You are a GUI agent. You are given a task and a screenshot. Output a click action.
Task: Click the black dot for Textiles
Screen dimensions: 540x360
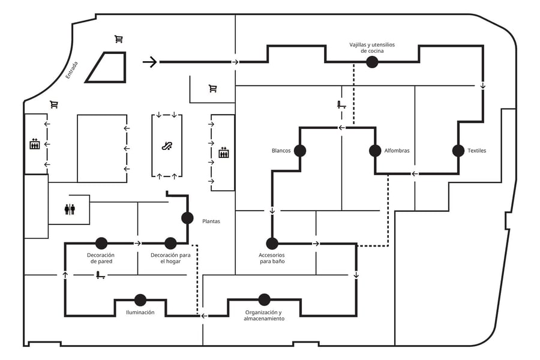458,151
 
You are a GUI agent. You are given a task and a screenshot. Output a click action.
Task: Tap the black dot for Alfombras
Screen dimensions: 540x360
375,151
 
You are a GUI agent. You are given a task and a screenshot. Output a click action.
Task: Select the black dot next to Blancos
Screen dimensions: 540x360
300,151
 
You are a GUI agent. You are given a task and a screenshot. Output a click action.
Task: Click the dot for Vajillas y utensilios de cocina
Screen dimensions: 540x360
372,62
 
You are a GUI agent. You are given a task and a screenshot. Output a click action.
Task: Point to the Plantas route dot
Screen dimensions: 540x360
187,218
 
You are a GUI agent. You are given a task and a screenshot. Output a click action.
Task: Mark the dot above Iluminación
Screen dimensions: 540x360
140,300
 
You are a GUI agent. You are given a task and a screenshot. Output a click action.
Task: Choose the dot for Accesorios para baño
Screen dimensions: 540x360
272,244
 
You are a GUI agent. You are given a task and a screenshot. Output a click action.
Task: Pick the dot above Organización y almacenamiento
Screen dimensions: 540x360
264,300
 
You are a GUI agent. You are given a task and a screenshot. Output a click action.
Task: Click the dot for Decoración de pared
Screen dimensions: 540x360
101,243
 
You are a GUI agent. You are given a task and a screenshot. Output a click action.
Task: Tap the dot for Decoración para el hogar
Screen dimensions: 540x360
170,243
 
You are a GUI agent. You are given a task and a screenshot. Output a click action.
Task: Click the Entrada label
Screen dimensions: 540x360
72,70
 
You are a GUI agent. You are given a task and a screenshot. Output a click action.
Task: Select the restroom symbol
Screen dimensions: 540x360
70,209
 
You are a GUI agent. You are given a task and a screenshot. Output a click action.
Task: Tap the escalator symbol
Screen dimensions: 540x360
167,146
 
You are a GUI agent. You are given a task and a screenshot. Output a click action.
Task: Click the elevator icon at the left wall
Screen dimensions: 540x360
35,144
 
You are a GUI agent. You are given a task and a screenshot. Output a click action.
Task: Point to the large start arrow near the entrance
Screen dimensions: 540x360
150,62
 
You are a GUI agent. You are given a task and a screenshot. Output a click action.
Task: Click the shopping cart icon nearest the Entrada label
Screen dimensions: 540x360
54,104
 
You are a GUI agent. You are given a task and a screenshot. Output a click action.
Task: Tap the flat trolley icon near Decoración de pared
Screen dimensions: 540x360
100,275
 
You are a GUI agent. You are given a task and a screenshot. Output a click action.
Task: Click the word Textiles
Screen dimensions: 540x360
476,151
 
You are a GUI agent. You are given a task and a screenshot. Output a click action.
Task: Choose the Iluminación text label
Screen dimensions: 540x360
140,313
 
